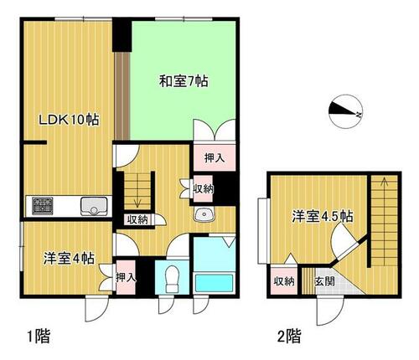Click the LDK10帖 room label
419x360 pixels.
[69, 120]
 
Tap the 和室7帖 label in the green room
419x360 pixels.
[184, 81]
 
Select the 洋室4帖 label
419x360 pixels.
[69, 259]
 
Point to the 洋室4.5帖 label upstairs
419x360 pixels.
[323, 216]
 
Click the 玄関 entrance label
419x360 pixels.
[324, 281]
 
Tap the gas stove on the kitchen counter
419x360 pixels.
[43, 206]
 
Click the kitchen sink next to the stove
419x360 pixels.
[94, 207]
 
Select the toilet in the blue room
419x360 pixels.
[172, 279]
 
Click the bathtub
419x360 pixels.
[215, 283]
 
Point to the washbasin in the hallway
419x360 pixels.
[204, 215]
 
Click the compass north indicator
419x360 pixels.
[345, 111]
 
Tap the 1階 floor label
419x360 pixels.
[39, 336]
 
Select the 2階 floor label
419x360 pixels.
[289, 336]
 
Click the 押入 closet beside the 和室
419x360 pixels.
[215, 157]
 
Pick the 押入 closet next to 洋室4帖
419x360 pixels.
[126, 277]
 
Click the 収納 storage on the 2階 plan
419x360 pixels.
[284, 280]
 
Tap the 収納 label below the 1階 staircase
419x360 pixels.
[137, 220]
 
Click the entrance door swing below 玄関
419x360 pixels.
[329, 311]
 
